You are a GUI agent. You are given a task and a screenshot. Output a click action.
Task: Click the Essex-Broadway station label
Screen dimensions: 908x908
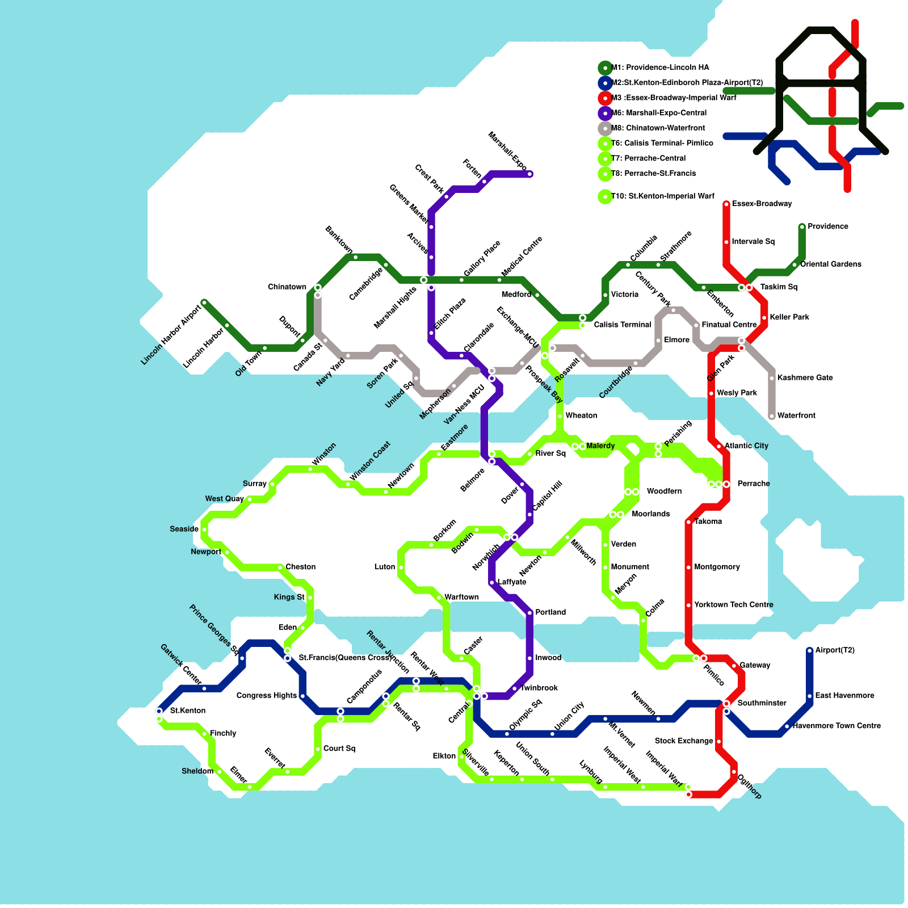coord(762,204)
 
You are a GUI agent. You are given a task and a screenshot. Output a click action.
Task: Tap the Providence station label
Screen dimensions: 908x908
coord(828,226)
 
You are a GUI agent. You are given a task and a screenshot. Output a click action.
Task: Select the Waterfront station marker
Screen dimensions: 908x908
coord(772,417)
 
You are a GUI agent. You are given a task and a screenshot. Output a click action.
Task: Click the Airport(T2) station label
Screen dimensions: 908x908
coord(835,650)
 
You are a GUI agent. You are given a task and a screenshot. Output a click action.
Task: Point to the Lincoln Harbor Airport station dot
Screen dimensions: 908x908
coord(204,302)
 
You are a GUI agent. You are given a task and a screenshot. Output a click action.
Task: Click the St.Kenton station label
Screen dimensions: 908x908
coord(187,711)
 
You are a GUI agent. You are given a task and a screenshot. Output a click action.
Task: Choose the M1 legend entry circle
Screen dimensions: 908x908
coord(605,68)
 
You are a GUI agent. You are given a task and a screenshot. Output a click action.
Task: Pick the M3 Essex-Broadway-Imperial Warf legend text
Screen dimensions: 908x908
coord(674,98)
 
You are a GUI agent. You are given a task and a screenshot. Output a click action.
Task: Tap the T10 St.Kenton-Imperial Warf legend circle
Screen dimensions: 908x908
coord(605,196)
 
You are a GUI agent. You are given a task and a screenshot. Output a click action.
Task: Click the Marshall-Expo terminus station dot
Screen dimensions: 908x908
coord(530,174)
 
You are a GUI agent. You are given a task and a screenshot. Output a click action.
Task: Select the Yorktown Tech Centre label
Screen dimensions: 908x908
coord(733,605)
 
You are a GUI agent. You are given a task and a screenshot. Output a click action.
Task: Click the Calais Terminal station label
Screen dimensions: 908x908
coord(623,325)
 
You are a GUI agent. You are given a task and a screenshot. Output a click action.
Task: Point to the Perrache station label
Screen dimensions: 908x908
coord(753,484)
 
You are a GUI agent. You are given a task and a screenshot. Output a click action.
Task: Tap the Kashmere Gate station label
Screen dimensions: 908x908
coord(805,378)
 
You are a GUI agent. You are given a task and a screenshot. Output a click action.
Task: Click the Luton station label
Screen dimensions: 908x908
coord(384,567)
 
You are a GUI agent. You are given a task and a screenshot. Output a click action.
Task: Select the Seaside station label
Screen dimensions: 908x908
coord(184,529)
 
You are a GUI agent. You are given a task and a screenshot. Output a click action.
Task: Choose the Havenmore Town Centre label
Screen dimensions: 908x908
coord(836,726)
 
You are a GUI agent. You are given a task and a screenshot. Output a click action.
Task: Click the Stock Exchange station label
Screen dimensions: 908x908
coord(683,741)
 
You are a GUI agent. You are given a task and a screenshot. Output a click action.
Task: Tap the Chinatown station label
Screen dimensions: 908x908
coord(287,287)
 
